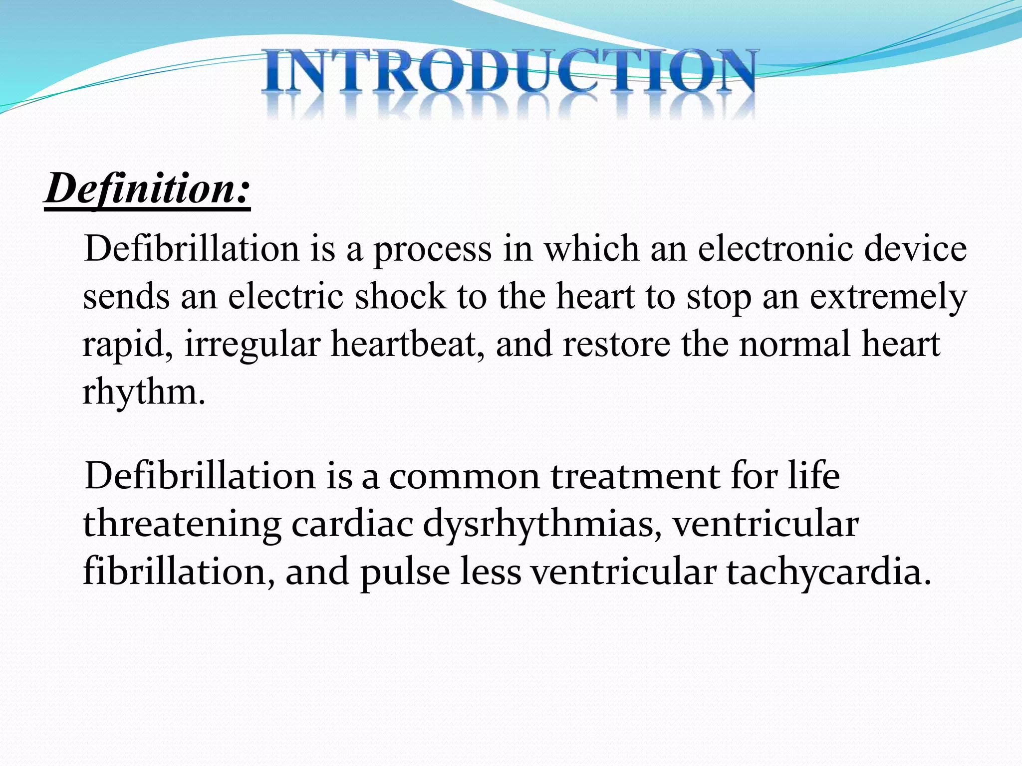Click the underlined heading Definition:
click(147, 190)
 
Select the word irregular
click(252, 345)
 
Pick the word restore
click(616, 345)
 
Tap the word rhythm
click(142, 393)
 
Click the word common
click(464, 476)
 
